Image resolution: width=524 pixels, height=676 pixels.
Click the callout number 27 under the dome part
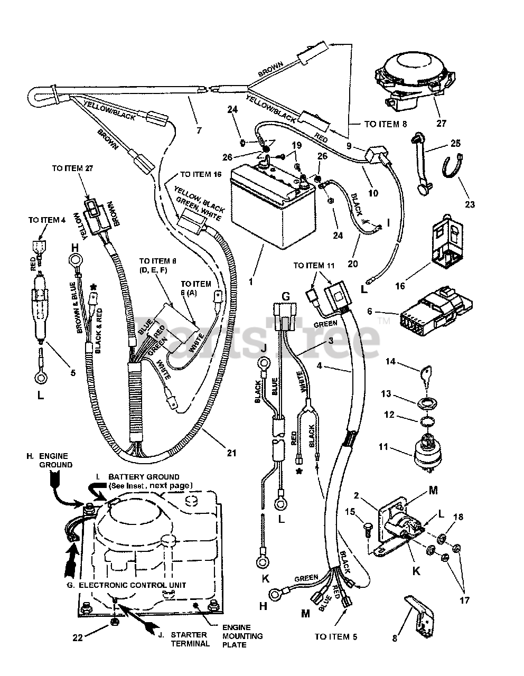(441, 123)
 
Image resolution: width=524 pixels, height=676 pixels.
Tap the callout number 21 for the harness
(231, 453)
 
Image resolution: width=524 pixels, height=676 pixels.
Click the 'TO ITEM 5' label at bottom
(336, 637)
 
